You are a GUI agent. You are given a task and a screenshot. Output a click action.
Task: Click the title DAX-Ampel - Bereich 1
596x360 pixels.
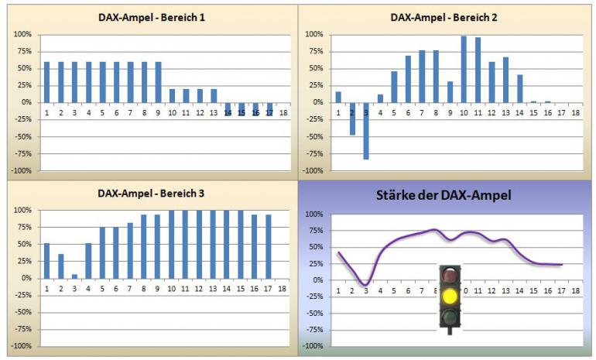(x=152, y=17)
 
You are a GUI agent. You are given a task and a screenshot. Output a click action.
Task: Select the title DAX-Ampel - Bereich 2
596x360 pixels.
(x=444, y=17)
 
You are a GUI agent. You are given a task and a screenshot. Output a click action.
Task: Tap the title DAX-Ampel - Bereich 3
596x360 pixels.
(x=152, y=193)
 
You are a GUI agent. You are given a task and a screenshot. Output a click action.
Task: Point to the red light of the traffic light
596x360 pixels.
(x=449, y=275)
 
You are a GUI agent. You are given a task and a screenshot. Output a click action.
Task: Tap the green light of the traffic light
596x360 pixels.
(x=449, y=316)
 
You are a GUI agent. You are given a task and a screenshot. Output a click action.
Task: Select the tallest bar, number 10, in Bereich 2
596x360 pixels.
(x=464, y=69)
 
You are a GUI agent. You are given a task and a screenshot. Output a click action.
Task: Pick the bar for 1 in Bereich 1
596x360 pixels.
(x=47, y=82)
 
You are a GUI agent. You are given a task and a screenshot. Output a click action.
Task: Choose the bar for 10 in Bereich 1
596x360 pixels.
(x=173, y=95)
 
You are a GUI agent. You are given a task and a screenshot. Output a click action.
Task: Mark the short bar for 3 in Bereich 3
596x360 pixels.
(x=75, y=276)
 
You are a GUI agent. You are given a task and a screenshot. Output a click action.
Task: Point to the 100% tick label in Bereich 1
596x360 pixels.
(x=22, y=34)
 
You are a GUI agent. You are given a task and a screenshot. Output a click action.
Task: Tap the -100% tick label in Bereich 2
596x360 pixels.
(x=311, y=170)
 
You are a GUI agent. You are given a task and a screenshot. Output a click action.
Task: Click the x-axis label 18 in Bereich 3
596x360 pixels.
(x=283, y=289)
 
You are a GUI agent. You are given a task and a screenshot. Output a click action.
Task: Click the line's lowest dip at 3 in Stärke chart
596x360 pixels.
(x=366, y=284)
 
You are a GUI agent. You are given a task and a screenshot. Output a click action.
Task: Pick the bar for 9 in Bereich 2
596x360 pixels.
(x=450, y=91)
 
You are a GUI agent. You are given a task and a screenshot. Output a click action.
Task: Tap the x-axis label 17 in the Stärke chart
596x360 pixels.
(x=560, y=291)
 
